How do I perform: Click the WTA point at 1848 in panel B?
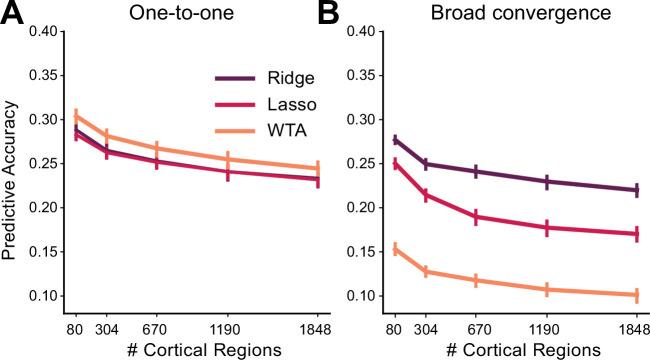pos(636,295)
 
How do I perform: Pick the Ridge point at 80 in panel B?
pos(396,140)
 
